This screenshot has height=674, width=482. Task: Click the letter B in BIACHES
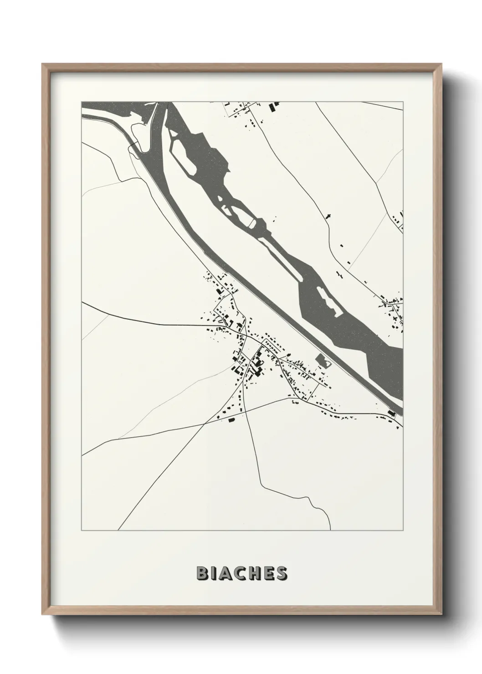point(202,573)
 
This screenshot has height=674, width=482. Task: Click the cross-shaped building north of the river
point(328,217)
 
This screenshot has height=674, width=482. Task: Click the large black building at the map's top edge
point(273,107)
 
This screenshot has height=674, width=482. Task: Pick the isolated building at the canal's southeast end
point(391,414)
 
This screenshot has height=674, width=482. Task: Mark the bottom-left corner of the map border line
point(82,531)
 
